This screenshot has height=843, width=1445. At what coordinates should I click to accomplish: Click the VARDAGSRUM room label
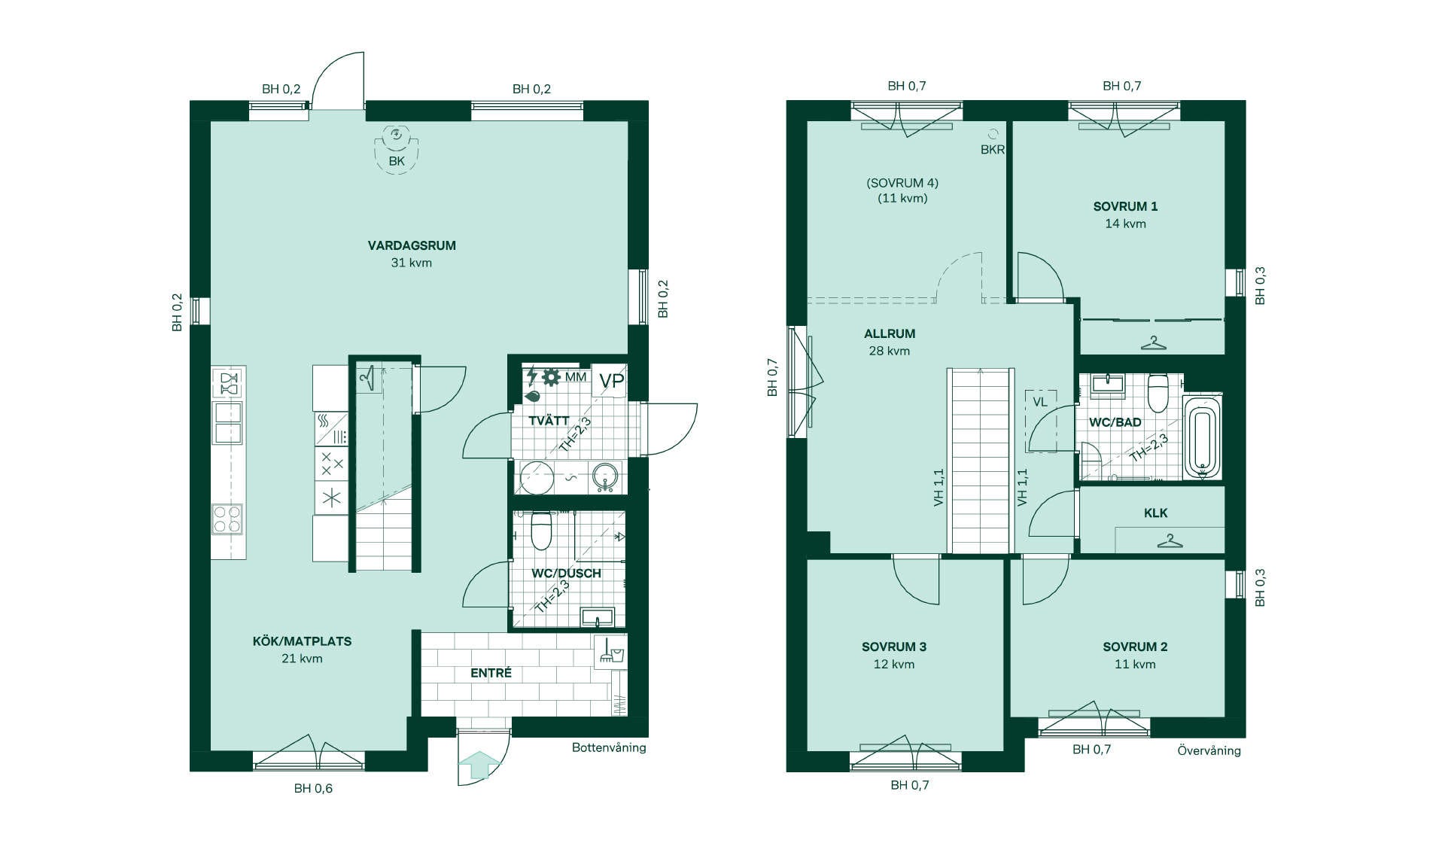click(x=412, y=245)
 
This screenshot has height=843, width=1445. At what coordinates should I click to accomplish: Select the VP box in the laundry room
click(x=610, y=381)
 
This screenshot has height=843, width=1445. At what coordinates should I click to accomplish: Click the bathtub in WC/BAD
click(x=1201, y=438)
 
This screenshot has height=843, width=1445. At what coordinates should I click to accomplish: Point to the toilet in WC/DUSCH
click(x=542, y=530)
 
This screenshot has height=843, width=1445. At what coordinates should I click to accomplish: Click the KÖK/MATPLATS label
click(x=302, y=641)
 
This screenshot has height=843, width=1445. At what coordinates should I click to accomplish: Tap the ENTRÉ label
click(x=491, y=673)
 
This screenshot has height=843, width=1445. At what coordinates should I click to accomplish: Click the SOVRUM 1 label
click(x=1125, y=206)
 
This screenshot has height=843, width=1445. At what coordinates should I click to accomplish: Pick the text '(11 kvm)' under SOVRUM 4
click(x=902, y=199)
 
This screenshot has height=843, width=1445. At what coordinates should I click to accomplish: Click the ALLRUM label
click(x=890, y=333)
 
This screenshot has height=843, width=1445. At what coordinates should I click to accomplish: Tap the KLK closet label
click(x=1155, y=513)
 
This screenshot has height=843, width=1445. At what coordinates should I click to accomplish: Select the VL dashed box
click(x=1040, y=421)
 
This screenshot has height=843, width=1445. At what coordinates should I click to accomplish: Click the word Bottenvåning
click(x=609, y=747)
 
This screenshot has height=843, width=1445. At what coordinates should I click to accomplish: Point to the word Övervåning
click(x=1209, y=750)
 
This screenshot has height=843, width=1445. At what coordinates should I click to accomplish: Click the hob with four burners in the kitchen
click(x=227, y=519)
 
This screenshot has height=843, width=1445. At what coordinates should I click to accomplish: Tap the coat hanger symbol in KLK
click(x=1169, y=540)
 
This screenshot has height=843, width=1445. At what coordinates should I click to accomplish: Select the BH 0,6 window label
click(x=313, y=789)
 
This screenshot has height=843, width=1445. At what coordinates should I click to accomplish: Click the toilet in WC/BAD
click(x=1158, y=393)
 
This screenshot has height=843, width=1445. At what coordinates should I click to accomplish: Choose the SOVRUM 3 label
click(x=894, y=647)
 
